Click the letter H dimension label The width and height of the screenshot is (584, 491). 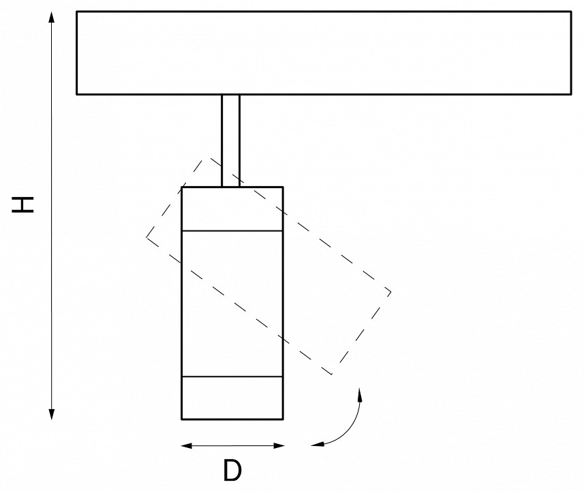[25, 204]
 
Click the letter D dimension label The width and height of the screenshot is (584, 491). [232, 471]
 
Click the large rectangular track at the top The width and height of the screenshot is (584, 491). [324, 53]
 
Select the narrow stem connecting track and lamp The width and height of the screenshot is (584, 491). [231, 140]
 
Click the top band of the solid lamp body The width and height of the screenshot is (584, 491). [232, 209]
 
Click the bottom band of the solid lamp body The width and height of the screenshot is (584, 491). [232, 397]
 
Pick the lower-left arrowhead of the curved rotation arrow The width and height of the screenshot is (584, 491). [315, 445]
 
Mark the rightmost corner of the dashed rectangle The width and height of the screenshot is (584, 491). [390, 293]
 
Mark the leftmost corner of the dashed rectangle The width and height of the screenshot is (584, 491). [147, 237]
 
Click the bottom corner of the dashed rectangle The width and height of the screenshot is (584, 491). [331, 374]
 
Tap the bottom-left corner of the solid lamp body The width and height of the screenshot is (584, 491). [182, 418]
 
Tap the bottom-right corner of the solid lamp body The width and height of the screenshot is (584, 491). [283, 418]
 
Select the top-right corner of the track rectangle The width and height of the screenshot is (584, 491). [571, 12]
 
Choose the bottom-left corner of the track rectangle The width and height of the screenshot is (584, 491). [77, 93]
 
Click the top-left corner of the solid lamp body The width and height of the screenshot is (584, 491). [182, 186]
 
